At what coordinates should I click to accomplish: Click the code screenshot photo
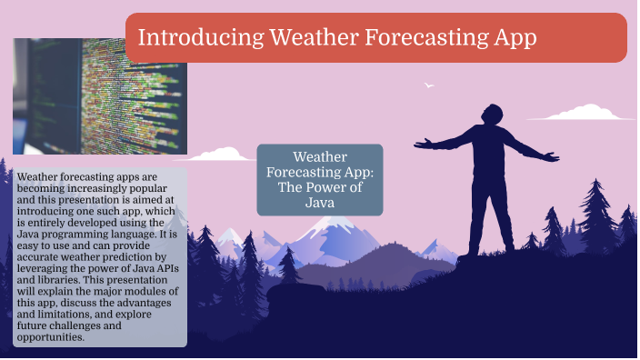[100, 95]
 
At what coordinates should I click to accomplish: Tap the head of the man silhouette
[491, 115]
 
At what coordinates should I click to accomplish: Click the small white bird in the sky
[429, 85]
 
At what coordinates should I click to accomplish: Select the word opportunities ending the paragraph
[51, 337]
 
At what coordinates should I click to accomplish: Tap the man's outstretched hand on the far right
[554, 156]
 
